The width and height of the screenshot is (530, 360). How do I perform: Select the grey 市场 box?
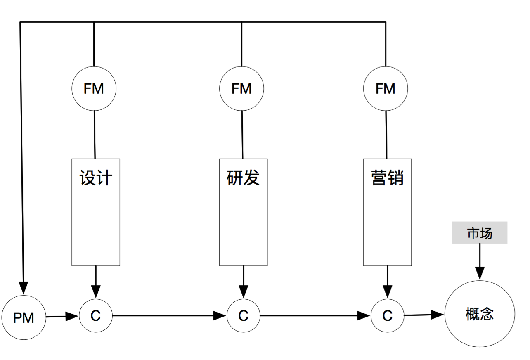pos(480,233)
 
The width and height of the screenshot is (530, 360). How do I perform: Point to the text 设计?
pos(96,178)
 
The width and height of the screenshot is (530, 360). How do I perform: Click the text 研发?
pos(244,178)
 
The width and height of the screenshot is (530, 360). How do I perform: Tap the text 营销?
pos(388,178)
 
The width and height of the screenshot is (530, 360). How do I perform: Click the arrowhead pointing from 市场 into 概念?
pos(480,273)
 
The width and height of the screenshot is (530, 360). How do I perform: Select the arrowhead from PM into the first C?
pos(72,317)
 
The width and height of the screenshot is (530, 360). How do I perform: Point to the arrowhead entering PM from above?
pos(24,288)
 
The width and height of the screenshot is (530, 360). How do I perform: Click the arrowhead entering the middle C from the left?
pos(220,316)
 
